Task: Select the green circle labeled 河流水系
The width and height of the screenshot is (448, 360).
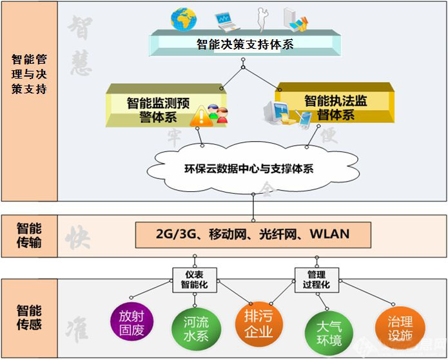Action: click(191, 328)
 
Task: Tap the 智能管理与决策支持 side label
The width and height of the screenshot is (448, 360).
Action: click(29, 73)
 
